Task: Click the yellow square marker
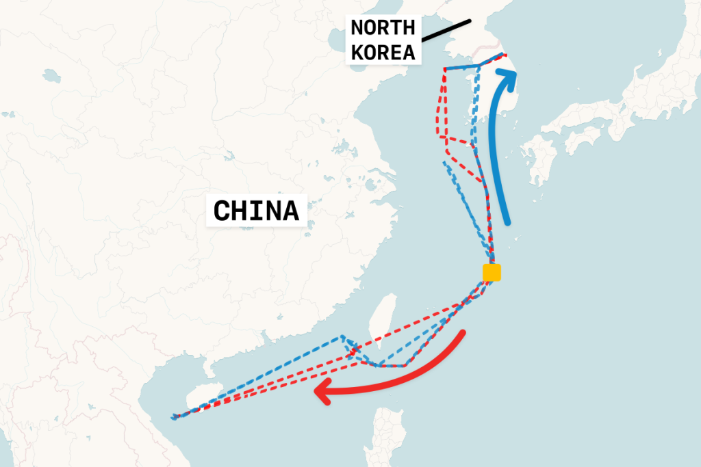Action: click(x=492, y=272)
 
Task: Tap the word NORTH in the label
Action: click(x=383, y=29)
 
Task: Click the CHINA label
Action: click(x=256, y=211)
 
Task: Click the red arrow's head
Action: click(x=320, y=392)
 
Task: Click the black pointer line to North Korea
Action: click(x=446, y=28)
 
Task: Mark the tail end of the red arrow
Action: click(x=463, y=333)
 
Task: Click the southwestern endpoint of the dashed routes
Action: click(x=174, y=416)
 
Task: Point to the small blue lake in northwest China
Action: click(x=51, y=75)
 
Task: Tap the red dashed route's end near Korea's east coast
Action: click(x=505, y=55)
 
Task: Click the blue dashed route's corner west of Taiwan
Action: click(x=342, y=337)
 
